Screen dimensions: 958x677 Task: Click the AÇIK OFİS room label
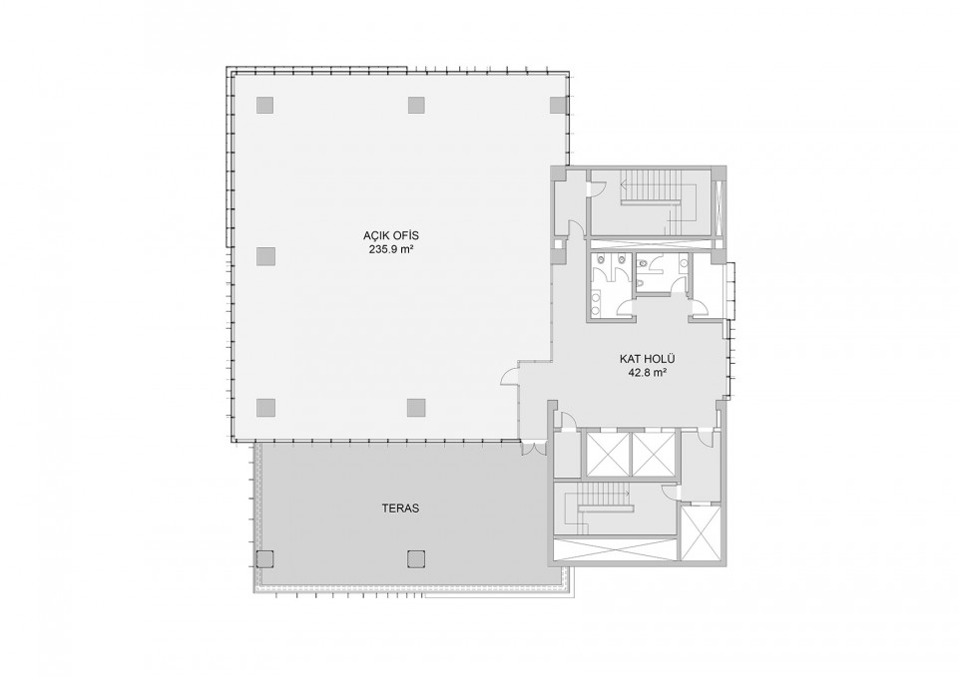391,236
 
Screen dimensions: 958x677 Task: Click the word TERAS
400,508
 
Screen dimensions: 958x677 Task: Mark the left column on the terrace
264,558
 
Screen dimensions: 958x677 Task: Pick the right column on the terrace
416,558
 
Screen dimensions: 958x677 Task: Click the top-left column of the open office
264,105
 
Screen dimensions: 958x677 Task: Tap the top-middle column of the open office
416,105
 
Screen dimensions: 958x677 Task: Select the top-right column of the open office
559,105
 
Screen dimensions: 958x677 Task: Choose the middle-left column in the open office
264,256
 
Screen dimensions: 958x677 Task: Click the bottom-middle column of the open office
416,407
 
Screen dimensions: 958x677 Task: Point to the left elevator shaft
607,455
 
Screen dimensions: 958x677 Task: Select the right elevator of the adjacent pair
653,455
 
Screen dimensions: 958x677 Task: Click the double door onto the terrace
534,448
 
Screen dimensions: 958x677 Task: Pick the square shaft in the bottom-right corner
702,533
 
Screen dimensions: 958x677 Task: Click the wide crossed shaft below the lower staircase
615,549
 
